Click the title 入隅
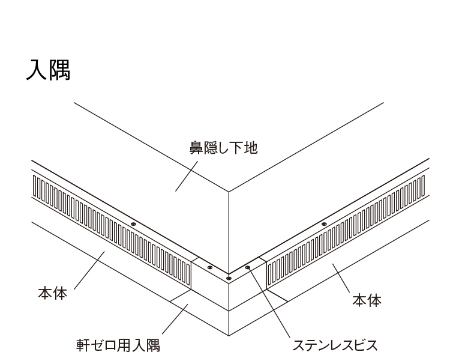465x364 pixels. click(x=49, y=70)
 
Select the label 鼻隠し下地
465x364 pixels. click(x=224, y=148)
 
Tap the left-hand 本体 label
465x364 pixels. click(x=53, y=293)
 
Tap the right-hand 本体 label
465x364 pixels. click(x=367, y=300)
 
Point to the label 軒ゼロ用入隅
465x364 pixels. click(x=118, y=345)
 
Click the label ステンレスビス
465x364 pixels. click(x=335, y=345)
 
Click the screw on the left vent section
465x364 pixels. click(x=133, y=224)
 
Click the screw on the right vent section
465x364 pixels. click(x=324, y=224)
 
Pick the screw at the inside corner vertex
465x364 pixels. click(x=229, y=278)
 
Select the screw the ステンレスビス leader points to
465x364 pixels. click(x=248, y=267)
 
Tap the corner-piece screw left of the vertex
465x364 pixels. click(x=209, y=267)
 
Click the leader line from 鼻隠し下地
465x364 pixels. click(x=187, y=176)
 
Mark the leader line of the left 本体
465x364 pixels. click(x=89, y=270)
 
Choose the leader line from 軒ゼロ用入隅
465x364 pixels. click(x=175, y=319)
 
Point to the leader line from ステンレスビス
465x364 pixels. click(x=269, y=303)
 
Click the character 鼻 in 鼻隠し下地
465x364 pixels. click(x=196, y=148)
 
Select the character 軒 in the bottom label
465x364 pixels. click(x=83, y=345)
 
